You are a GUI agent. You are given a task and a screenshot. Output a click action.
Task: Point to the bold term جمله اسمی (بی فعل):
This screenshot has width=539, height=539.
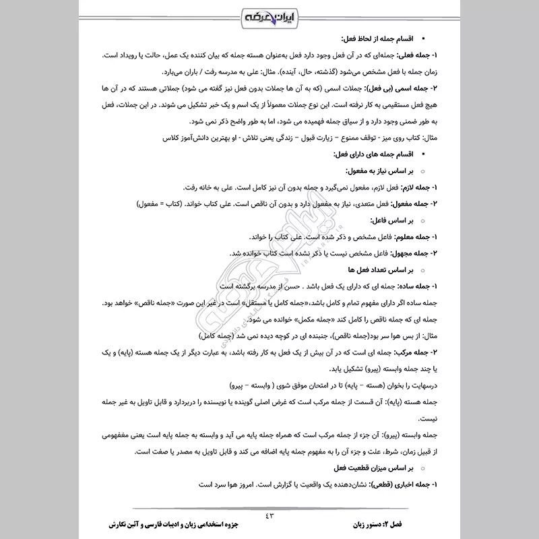[402, 88]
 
